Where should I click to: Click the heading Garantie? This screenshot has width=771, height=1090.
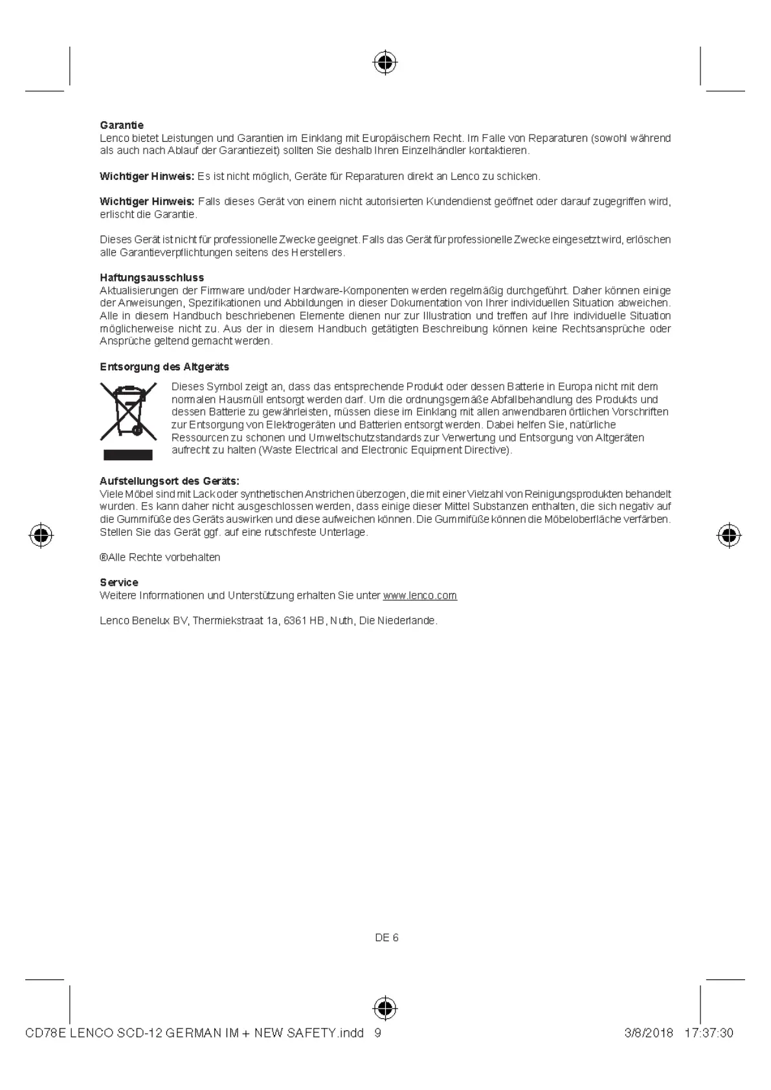tap(122, 125)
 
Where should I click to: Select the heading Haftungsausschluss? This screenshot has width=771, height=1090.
tap(151, 278)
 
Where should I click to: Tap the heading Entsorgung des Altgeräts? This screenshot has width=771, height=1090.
tap(164, 367)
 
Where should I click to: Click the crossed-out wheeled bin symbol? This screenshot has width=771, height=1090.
tap(128, 411)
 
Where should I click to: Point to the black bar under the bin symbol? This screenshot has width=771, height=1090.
tap(128, 454)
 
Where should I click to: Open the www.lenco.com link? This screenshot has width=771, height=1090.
tap(419, 595)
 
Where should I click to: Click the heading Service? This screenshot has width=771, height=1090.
tap(119, 583)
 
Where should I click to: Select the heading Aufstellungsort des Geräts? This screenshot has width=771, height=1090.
tap(170, 481)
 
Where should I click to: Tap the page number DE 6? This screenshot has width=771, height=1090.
tap(386, 938)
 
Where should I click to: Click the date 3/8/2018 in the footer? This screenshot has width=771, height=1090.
tap(649, 1033)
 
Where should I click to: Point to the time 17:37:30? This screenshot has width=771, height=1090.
tap(708, 1033)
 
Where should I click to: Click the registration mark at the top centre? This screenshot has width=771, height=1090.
tap(385, 63)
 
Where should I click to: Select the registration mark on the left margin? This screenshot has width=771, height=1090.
tap(41, 535)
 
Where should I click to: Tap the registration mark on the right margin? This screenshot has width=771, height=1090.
tap(729, 535)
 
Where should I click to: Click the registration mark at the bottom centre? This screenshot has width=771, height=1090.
tap(385, 1008)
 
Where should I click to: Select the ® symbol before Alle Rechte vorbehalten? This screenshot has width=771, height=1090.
tap(104, 557)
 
